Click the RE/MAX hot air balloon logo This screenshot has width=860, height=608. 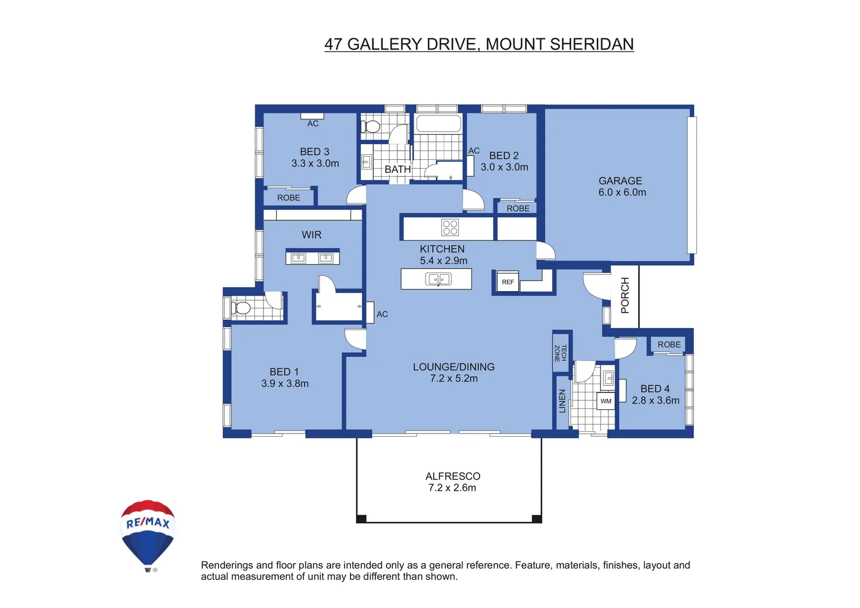pyautogui.click(x=147, y=534)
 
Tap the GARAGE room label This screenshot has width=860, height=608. pyautogui.click(x=620, y=181)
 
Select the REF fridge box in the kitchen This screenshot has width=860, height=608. pyautogui.click(x=508, y=281)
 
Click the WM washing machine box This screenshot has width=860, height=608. pyautogui.click(x=606, y=401)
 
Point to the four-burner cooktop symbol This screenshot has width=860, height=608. pyautogui.click(x=450, y=227)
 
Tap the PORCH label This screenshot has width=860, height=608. pyautogui.click(x=625, y=295)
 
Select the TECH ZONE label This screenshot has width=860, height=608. pyautogui.click(x=561, y=353)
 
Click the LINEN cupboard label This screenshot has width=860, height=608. pyautogui.click(x=562, y=401)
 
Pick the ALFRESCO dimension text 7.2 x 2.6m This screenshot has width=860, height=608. pyautogui.click(x=452, y=488)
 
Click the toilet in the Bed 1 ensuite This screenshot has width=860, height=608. pyautogui.click(x=241, y=308)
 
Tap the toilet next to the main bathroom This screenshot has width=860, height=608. pyautogui.click(x=370, y=127)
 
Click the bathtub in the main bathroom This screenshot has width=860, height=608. pyautogui.click(x=438, y=123)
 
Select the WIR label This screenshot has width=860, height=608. pyautogui.click(x=311, y=235)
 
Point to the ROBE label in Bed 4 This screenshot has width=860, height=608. pyautogui.click(x=669, y=345)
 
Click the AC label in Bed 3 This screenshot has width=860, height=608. pyautogui.click(x=313, y=123)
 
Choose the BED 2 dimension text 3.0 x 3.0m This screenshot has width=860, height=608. pyautogui.click(x=504, y=167)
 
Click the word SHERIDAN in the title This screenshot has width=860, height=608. pyautogui.click(x=592, y=44)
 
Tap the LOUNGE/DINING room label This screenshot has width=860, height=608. pyautogui.click(x=454, y=367)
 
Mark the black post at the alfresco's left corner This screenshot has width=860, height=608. pyautogui.click(x=361, y=518)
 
